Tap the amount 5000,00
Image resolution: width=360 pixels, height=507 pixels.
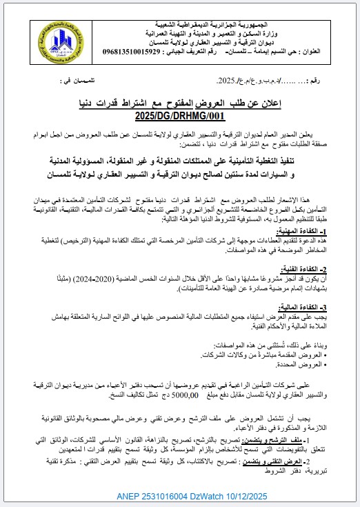[x=181, y=395]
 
